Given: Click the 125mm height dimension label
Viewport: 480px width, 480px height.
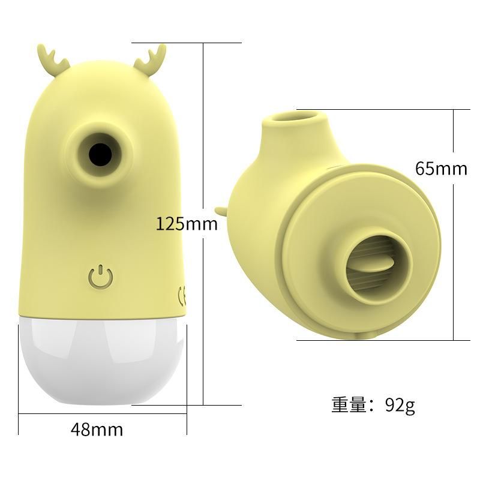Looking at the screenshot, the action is tap(187, 224).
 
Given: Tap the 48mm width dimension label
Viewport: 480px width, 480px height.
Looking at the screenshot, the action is tap(97, 430).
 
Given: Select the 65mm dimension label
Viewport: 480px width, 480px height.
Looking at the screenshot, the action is tap(441, 169).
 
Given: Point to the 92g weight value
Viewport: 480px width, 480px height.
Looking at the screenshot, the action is tap(400, 406).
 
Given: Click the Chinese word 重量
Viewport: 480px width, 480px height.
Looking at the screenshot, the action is tap(349, 405).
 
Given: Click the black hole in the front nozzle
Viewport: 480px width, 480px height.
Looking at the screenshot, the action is tap(100, 154).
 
